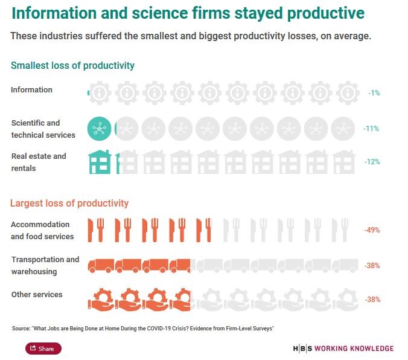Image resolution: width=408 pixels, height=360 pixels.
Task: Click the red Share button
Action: (43, 349)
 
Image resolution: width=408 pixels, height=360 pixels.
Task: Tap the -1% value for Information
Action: (374, 93)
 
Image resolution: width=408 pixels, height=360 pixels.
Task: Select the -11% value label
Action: (371, 129)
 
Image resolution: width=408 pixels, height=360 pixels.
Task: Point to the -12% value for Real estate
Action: (371, 162)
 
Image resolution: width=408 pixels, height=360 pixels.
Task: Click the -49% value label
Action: (371, 230)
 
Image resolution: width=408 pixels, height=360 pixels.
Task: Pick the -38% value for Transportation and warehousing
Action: (371, 266)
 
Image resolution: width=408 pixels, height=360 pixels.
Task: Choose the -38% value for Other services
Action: (371, 299)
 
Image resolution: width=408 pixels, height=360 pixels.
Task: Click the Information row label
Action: (31, 90)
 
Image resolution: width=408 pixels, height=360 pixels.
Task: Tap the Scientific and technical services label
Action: (43, 129)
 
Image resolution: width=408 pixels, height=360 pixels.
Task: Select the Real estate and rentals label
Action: (39, 162)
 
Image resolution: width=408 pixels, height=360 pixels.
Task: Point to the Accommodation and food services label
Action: (42, 230)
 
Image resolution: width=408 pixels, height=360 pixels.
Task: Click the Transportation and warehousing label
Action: (45, 266)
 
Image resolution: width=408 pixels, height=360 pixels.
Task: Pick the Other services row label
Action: (36, 295)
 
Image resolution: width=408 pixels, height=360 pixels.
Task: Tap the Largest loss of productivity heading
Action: (69, 203)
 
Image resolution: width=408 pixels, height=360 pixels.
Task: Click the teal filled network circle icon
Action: (100, 128)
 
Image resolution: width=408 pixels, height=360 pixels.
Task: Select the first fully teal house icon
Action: (100, 161)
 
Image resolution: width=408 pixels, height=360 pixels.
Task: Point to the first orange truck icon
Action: (101, 265)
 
